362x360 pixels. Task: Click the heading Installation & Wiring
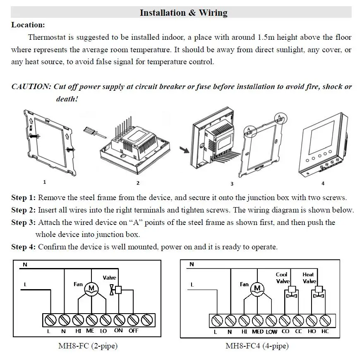183,13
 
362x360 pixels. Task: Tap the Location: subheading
28,25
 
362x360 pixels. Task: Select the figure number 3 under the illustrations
232,184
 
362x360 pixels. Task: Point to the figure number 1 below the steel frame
45,181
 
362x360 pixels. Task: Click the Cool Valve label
283,278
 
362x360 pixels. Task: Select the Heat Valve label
309,278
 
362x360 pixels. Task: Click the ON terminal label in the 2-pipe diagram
119,331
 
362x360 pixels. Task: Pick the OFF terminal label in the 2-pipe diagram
133,331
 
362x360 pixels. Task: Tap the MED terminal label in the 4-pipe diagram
257,331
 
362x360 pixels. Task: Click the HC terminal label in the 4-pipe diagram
325,331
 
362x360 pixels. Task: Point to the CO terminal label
285,331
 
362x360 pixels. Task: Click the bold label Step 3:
24,223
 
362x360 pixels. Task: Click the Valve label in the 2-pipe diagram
110,278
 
